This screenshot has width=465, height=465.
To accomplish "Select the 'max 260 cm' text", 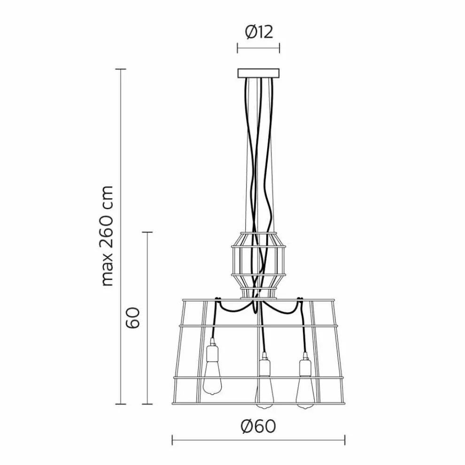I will tap(108, 236).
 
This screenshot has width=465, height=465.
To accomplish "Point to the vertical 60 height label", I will tap(133, 318).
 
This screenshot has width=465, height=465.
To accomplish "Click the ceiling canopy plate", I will tap(258, 73).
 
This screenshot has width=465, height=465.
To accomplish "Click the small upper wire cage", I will tap(258, 263).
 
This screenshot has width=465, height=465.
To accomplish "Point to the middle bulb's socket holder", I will tap(264, 366).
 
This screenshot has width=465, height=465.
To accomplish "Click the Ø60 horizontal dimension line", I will tap(258, 440).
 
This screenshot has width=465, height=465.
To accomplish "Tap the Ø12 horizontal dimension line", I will tap(258, 48).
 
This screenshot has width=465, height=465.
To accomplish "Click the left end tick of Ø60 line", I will tap(172, 440).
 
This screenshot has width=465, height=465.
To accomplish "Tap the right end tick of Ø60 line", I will tap(345, 440).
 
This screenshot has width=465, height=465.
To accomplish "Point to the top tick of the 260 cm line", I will tap(121, 70).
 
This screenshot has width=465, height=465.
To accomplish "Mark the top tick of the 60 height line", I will tap(148, 232).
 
